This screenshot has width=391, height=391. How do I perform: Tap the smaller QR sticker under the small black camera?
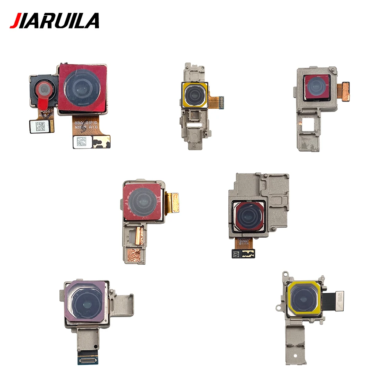40,126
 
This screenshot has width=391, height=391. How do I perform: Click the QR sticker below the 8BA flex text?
83,142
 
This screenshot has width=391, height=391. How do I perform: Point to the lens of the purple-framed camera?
86,304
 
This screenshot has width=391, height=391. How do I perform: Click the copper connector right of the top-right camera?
345,91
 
